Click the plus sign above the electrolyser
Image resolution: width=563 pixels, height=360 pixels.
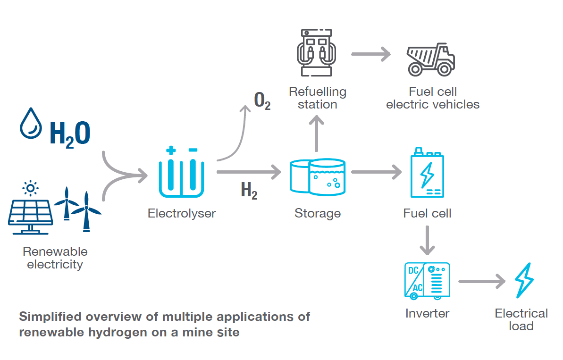coord(171,151)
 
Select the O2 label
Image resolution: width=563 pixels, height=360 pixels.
coord(262,101)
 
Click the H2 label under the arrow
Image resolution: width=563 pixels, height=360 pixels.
coord(249,191)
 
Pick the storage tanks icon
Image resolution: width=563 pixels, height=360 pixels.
coord(317,176)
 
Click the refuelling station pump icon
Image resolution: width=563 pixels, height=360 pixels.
coord(316,52)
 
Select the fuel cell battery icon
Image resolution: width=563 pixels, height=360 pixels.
coord(427,173)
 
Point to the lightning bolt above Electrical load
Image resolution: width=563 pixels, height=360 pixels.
coord(524,280)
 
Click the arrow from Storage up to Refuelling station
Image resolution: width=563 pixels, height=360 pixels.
coord(317,134)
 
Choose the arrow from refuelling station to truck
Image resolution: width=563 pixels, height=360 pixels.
coord(371,54)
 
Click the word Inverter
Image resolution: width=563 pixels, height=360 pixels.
coord(427,313)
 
